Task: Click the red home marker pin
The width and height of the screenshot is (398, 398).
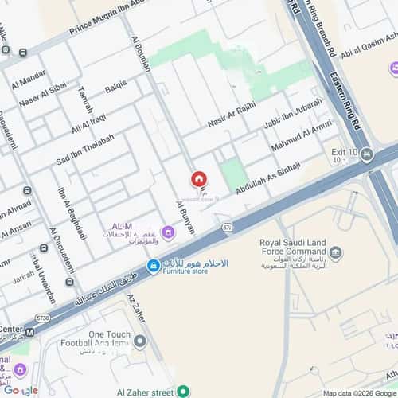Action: pos(199,180)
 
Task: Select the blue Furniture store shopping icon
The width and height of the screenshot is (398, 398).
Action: pos(152,266)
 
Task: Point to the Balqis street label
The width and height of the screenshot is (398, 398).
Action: pos(116,87)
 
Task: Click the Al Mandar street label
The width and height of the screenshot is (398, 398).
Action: pos(28,80)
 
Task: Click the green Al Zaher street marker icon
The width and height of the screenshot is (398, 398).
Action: pos(183,391)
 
